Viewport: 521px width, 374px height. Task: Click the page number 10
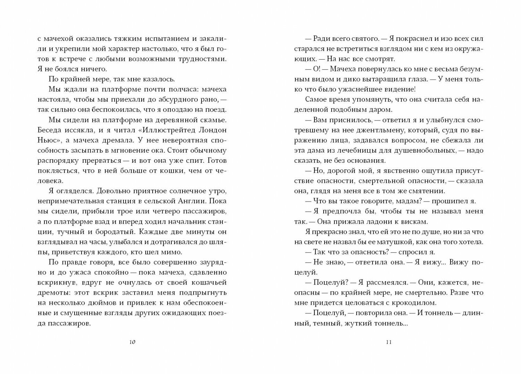[132, 342]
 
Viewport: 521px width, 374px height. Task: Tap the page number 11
[388, 342]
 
